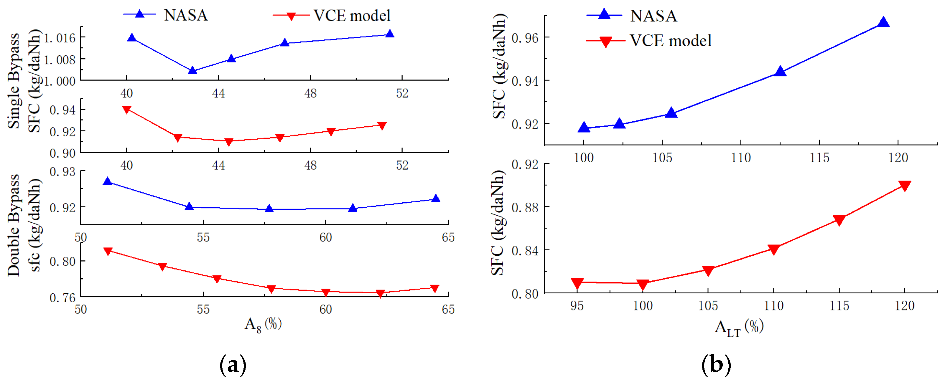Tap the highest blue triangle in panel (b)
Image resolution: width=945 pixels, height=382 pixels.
(x=883, y=22)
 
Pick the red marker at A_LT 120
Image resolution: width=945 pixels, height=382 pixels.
(x=905, y=186)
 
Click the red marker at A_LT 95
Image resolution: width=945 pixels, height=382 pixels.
(x=577, y=283)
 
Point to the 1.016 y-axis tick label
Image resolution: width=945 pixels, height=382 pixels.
(x=60, y=38)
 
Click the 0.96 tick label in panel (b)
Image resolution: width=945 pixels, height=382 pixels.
(x=525, y=38)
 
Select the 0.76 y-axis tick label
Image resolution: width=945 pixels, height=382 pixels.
(x=62, y=298)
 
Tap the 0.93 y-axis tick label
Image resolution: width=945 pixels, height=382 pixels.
(x=62, y=172)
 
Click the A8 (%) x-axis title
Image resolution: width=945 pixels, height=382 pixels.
(x=263, y=324)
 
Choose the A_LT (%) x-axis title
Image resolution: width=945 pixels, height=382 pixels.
(x=739, y=327)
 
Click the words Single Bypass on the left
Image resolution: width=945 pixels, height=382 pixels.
(x=14, y=81)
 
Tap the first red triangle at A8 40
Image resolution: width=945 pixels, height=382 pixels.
(x=126, y=109)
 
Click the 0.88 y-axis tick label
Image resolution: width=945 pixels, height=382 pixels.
(x=525, y=208)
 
